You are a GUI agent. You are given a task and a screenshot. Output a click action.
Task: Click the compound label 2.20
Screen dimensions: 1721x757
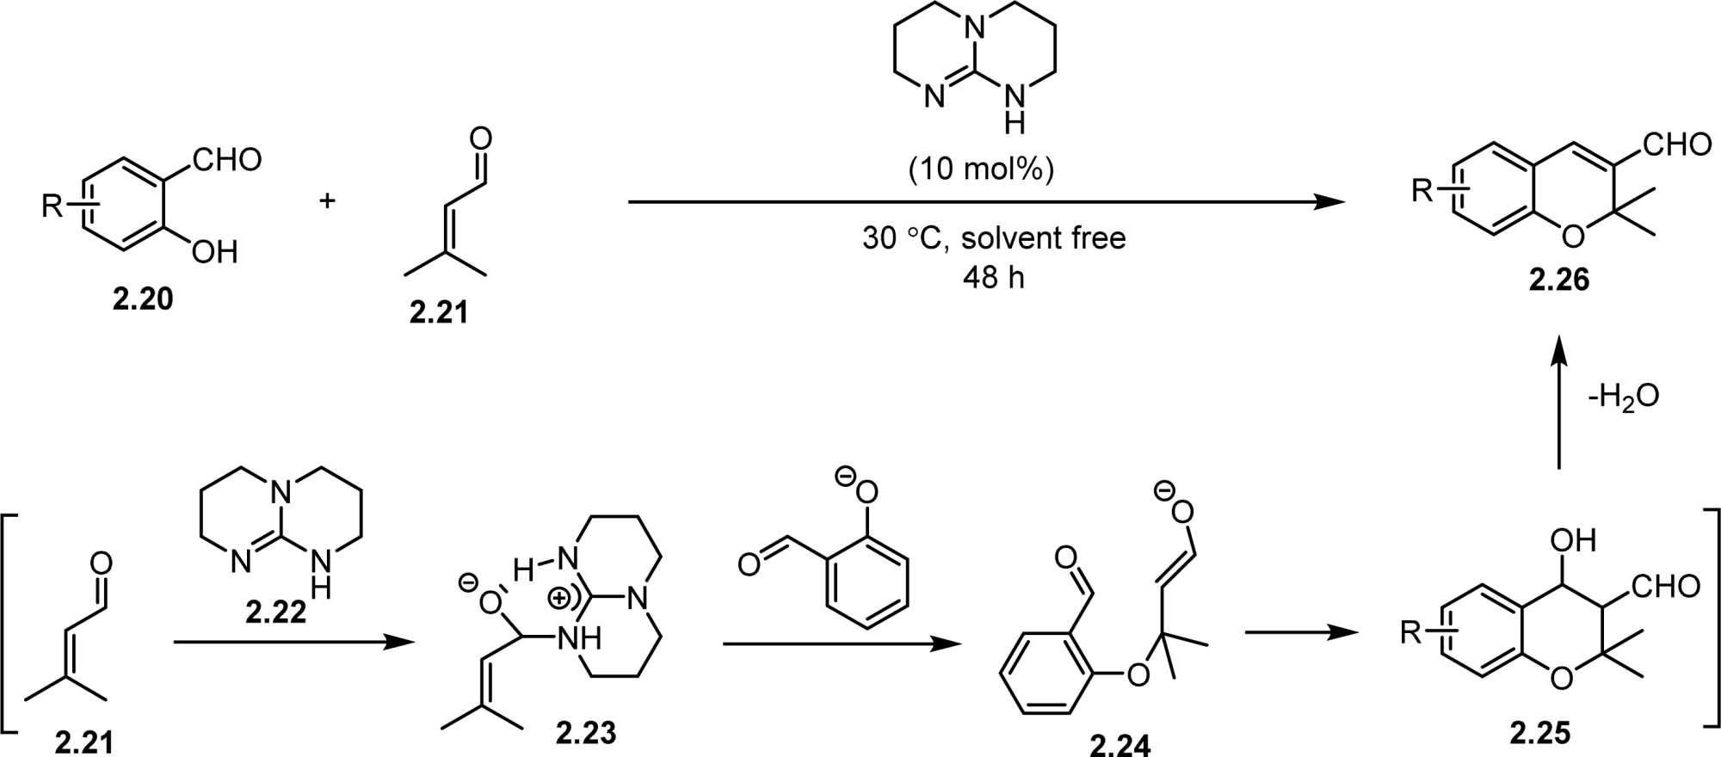click(143, 298)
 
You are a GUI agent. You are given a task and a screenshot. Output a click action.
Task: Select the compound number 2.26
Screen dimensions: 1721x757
click(1558, 280)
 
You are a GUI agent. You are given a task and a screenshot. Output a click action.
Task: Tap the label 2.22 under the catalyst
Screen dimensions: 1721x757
click(275, 612)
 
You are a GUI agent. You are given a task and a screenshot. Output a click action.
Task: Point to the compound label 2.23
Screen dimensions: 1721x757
click(586, 732)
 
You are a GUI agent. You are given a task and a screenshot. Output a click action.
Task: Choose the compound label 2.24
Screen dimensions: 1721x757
click(1120, 744)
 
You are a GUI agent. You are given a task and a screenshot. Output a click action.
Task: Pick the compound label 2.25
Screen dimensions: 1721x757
click(1539, 733)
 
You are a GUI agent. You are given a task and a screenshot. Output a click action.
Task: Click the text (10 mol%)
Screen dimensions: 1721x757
click(981, 169)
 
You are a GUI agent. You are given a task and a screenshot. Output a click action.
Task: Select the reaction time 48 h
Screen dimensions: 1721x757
click(994, 277)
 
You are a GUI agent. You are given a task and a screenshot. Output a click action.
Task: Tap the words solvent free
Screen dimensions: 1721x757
click(1043, 237)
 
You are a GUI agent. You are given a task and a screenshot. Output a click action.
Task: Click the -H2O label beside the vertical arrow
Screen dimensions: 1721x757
click(1622, 397)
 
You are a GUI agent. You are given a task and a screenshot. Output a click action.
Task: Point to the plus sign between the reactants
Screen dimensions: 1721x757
click(327, 201)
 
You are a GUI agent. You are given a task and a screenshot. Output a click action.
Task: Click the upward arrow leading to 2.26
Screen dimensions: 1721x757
click(1558, 404)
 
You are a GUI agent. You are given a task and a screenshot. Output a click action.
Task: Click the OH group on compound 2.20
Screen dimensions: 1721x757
click(214, 252)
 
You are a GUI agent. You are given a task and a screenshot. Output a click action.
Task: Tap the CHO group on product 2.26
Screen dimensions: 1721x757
click(1676, 144)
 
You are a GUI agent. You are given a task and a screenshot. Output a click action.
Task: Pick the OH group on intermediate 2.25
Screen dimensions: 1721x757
click(1573, 540)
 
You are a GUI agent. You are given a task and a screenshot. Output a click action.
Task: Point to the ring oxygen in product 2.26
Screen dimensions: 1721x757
click(1571, 234)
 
